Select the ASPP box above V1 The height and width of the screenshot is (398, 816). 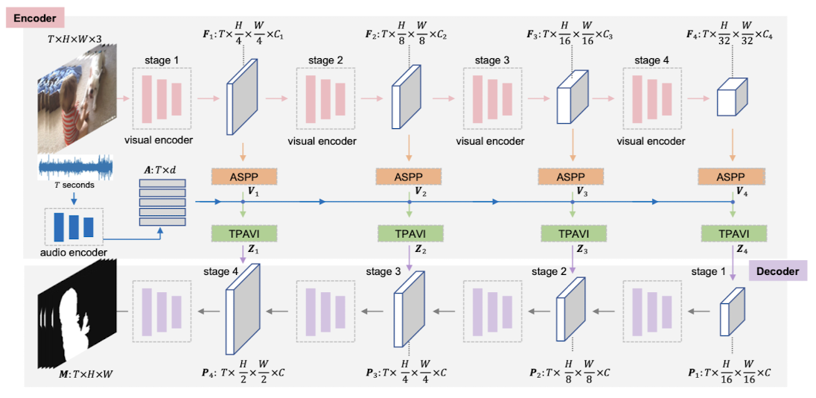(x=244, y=177)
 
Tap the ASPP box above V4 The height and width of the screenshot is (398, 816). (x=733, y=177)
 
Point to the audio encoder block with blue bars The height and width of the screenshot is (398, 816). (x=73, y=227)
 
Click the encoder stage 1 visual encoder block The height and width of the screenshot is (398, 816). (x=162, y=97)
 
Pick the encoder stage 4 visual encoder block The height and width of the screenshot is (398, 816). (x=654, y=97)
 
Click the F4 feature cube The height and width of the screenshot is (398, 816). (x=733, y=99)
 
